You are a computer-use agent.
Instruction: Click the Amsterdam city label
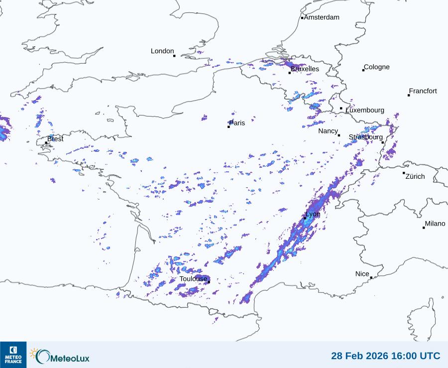(x=322, y=17)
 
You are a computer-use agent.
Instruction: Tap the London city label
(x=162, y=51)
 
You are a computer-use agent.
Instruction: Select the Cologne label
(x=377, y=67)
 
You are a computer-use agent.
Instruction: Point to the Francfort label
(x=423, y=91)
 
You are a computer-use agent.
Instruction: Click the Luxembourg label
(x=365, y=110)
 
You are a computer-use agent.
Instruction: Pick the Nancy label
(x=328, y=131)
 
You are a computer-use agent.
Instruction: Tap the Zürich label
(x=415, y=176)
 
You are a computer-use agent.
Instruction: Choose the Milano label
(x=435, y=224)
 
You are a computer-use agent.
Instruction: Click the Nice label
(x=362, y=274)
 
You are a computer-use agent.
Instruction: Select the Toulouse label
(x=193, y=279)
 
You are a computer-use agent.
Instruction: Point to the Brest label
(x=55, y=139)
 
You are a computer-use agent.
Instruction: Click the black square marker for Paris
(x=228, y=127)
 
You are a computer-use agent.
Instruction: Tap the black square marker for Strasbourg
(x=383, y=142)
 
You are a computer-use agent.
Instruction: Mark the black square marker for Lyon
(x=305, y=218)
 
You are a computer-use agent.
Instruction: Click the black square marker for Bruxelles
(x=290, y=73)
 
